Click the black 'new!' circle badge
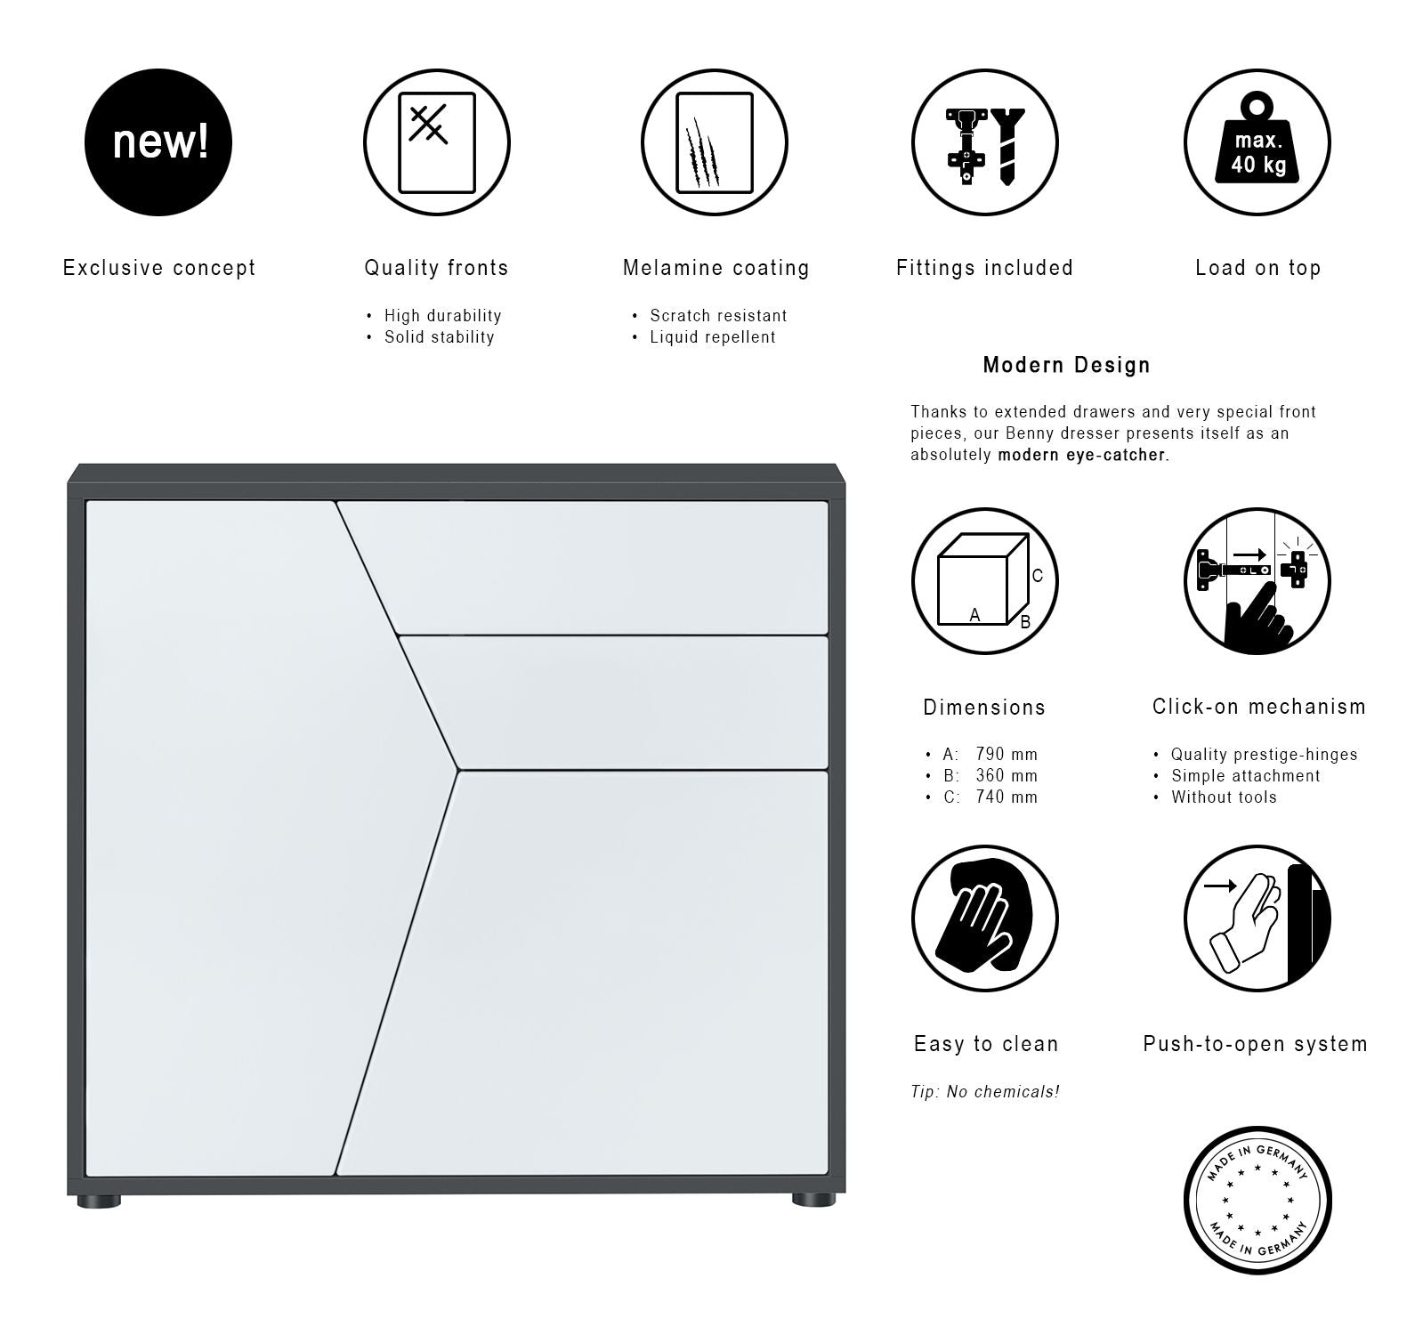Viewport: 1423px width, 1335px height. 158,142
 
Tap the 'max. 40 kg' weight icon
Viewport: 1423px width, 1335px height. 1257,142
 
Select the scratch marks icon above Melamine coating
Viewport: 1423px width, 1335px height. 714,142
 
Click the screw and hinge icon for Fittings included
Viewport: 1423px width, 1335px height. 984,142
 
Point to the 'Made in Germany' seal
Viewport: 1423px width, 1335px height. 1257,1201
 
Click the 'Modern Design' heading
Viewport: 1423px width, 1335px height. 1066,365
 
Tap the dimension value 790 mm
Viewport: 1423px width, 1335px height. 1007,755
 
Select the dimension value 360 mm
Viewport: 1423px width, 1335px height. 1007,776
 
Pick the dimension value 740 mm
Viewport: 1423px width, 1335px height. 1007,797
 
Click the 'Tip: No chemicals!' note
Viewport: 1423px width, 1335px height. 985,1092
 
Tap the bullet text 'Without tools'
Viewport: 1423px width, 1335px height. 1224,797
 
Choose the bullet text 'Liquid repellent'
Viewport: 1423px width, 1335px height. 713,337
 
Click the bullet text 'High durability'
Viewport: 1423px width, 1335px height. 443,316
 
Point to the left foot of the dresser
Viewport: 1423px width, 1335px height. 99,1201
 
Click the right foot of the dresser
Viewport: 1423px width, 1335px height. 813,1201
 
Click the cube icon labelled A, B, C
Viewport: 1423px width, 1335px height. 984,581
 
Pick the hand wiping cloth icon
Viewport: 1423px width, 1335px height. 984,918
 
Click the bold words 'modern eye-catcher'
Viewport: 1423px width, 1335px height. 1081,455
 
